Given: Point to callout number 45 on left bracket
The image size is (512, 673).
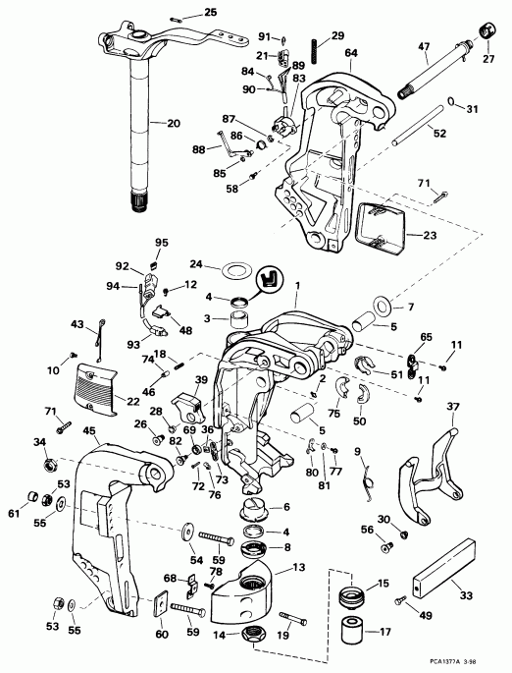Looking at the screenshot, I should (x=88, y=429).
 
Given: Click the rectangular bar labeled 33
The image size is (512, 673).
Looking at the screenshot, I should (x=441, y=576).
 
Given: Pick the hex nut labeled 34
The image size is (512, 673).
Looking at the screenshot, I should (x=41, y=461).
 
